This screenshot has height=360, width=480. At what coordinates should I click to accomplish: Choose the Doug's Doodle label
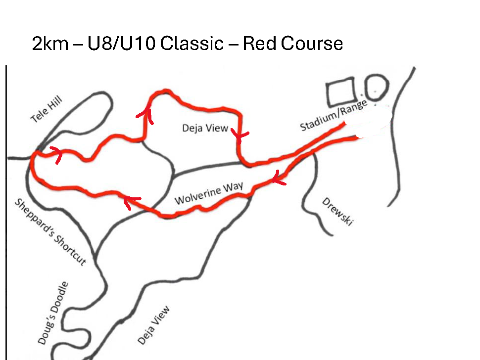pyautogui.click(x=52, y=313)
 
